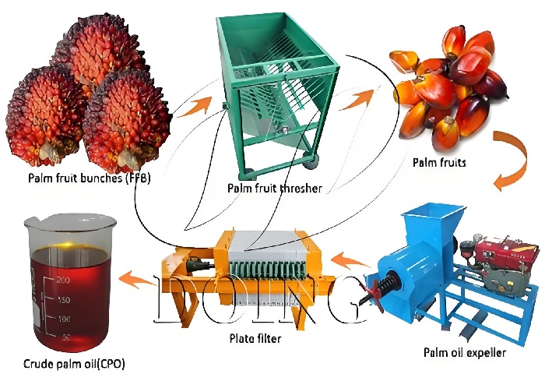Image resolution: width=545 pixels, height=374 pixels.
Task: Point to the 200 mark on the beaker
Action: [x=64, y=280]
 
